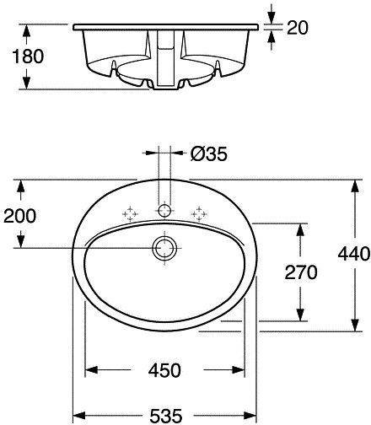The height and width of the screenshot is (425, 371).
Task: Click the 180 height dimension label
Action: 28,56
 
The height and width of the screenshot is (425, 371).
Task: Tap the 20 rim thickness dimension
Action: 298,28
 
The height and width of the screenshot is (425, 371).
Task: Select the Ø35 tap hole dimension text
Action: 209,154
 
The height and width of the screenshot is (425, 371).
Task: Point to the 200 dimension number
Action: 20,216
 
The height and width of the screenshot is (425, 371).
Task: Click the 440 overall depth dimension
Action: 354,254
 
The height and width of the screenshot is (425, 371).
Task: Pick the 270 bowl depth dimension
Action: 301,272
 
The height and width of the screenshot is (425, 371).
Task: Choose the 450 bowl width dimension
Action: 164,370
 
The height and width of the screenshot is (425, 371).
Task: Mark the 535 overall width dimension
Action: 166,416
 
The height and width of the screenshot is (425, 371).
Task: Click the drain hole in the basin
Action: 164,248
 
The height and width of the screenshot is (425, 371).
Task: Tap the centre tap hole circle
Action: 164,211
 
